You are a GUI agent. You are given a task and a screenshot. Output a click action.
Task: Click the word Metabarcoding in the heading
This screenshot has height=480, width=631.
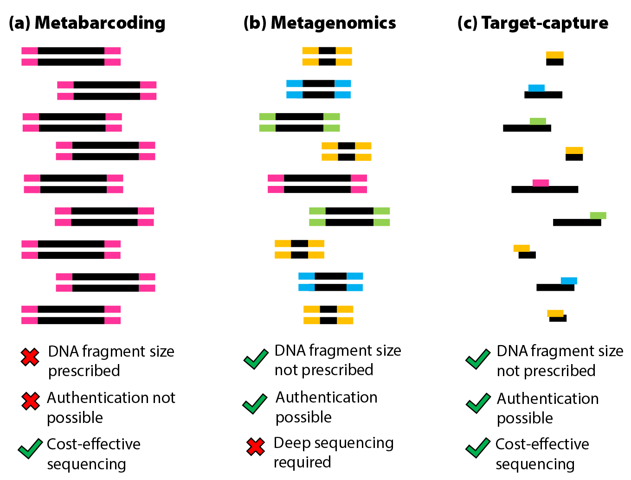pos(100,23)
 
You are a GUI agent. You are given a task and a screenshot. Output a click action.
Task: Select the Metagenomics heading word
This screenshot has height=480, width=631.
pos(333,23)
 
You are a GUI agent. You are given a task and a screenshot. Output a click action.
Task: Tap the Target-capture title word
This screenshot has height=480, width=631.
pos(545,23)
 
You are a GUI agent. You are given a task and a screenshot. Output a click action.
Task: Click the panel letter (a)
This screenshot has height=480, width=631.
pos(19,23)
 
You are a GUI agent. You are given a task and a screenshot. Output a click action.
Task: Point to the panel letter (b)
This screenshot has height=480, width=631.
pos(255,23)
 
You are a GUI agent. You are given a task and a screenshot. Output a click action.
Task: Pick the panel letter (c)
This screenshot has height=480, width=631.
pos(467,23)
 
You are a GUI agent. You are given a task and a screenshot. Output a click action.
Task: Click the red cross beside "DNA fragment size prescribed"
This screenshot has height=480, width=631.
pos(30,357)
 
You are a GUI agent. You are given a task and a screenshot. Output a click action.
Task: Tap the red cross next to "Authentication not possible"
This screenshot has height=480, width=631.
pos(31,401)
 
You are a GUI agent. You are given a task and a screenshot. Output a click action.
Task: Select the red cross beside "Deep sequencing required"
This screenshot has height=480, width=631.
pos(256,447)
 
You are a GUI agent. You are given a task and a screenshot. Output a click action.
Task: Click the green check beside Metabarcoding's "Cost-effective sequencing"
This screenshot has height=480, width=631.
pos(30,448)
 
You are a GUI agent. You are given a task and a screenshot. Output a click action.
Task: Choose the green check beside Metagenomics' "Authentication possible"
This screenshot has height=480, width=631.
pos(255,403)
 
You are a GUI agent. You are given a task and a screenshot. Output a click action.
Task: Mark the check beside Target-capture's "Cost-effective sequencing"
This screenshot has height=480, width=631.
pos(478,448)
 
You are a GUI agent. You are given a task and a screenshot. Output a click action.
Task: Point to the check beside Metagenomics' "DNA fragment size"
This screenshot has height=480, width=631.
pos(256,359)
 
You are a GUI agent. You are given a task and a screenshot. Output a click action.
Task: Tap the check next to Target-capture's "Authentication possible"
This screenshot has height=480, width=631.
pos(478,403)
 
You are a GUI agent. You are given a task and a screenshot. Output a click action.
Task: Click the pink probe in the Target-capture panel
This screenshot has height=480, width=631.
pos(541,183)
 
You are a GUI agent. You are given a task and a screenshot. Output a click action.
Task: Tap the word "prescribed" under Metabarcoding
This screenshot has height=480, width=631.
pos(84,371)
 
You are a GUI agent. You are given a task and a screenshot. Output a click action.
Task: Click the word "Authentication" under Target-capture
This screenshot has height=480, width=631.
pos(547,399)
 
